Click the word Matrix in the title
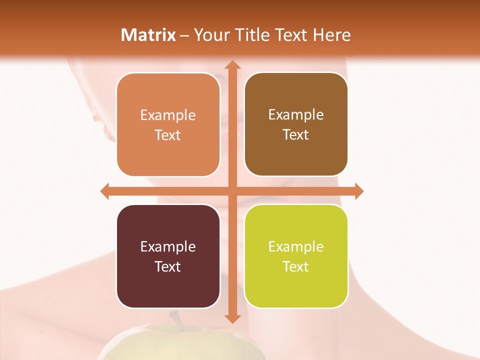(148, 35)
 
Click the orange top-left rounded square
(168, 125)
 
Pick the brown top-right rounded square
(296, 124)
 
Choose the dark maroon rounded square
(168, 256)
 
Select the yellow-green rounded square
(296, 256)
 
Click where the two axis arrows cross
(232, 191)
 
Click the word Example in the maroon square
(168, 246)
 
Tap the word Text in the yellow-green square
(296, 266)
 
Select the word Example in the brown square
(296, 114)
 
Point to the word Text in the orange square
(168, 135)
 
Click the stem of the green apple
(175, 320)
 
